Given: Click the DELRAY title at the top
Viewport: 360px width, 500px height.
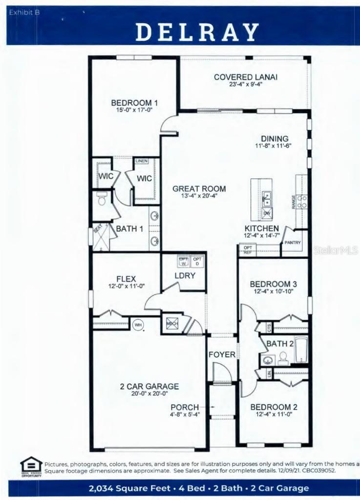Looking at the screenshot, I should pos(197,32).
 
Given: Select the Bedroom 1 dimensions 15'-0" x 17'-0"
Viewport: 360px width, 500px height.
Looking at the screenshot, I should pos(134,110).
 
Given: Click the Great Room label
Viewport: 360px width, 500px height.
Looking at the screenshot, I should pos(199,188).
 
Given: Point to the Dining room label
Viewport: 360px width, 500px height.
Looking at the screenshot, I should pos(274,139).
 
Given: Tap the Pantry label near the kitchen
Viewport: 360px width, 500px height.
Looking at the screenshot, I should pos(293,243).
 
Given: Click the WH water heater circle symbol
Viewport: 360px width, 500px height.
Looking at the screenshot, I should pos(137,323).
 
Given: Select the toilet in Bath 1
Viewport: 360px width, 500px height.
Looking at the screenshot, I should pos(102,199).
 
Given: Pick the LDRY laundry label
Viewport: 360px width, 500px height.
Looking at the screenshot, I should pos(185,275).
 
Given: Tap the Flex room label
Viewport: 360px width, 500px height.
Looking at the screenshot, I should pos(126,279).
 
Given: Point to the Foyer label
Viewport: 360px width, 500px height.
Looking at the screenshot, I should pos(222,354).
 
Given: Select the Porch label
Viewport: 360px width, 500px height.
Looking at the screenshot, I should pos(185,407).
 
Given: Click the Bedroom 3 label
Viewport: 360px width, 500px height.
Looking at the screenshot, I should pos(273,284).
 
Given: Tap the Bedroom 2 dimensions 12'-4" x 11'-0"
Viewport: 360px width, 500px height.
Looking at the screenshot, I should pos(273,415).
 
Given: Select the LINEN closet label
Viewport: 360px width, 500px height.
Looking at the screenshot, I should pos(141,161).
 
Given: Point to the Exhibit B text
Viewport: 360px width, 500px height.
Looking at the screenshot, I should pos(24,13).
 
